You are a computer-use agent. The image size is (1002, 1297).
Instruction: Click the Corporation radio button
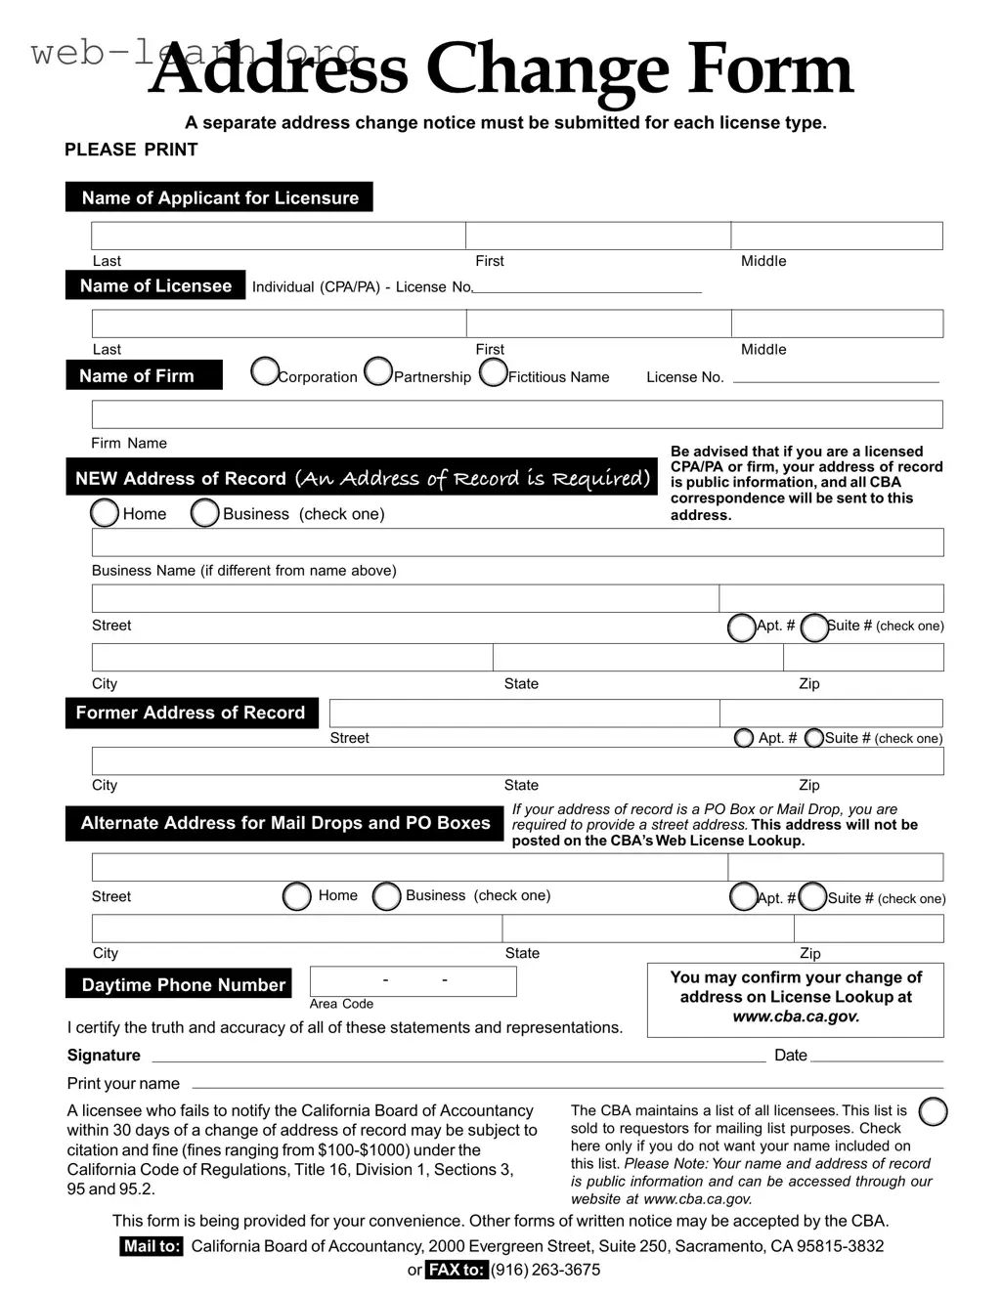coord(265,372)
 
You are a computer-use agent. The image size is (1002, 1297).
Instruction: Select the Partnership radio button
coord(377,372)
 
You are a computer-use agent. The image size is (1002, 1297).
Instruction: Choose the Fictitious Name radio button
coord(494,372)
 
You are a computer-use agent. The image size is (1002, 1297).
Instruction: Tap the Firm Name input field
coord(517,414)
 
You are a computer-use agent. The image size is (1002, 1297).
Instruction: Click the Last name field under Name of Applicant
coord(279,236)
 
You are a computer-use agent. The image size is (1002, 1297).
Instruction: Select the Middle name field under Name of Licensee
coord(837,324)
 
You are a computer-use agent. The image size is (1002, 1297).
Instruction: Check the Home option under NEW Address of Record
coord(105,513)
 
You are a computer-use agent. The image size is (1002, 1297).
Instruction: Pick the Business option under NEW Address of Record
coord(204,513)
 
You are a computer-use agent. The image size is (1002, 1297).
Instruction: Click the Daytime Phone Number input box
coord(413,981)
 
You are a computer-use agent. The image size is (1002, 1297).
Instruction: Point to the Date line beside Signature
coord(876,1056)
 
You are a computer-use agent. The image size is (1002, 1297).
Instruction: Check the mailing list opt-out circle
coord(934,1112)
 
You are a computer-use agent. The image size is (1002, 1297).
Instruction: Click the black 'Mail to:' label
coord(152,1246)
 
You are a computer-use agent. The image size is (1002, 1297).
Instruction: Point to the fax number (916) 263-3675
coord(545,1270)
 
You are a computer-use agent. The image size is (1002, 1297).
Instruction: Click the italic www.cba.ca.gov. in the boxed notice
coord(796,1016)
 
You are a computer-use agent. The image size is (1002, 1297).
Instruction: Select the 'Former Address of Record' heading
coord(191,713)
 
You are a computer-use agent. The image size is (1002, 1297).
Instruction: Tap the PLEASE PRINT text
coord(131,150)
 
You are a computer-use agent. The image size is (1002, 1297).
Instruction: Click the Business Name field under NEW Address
coord(517,542)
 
